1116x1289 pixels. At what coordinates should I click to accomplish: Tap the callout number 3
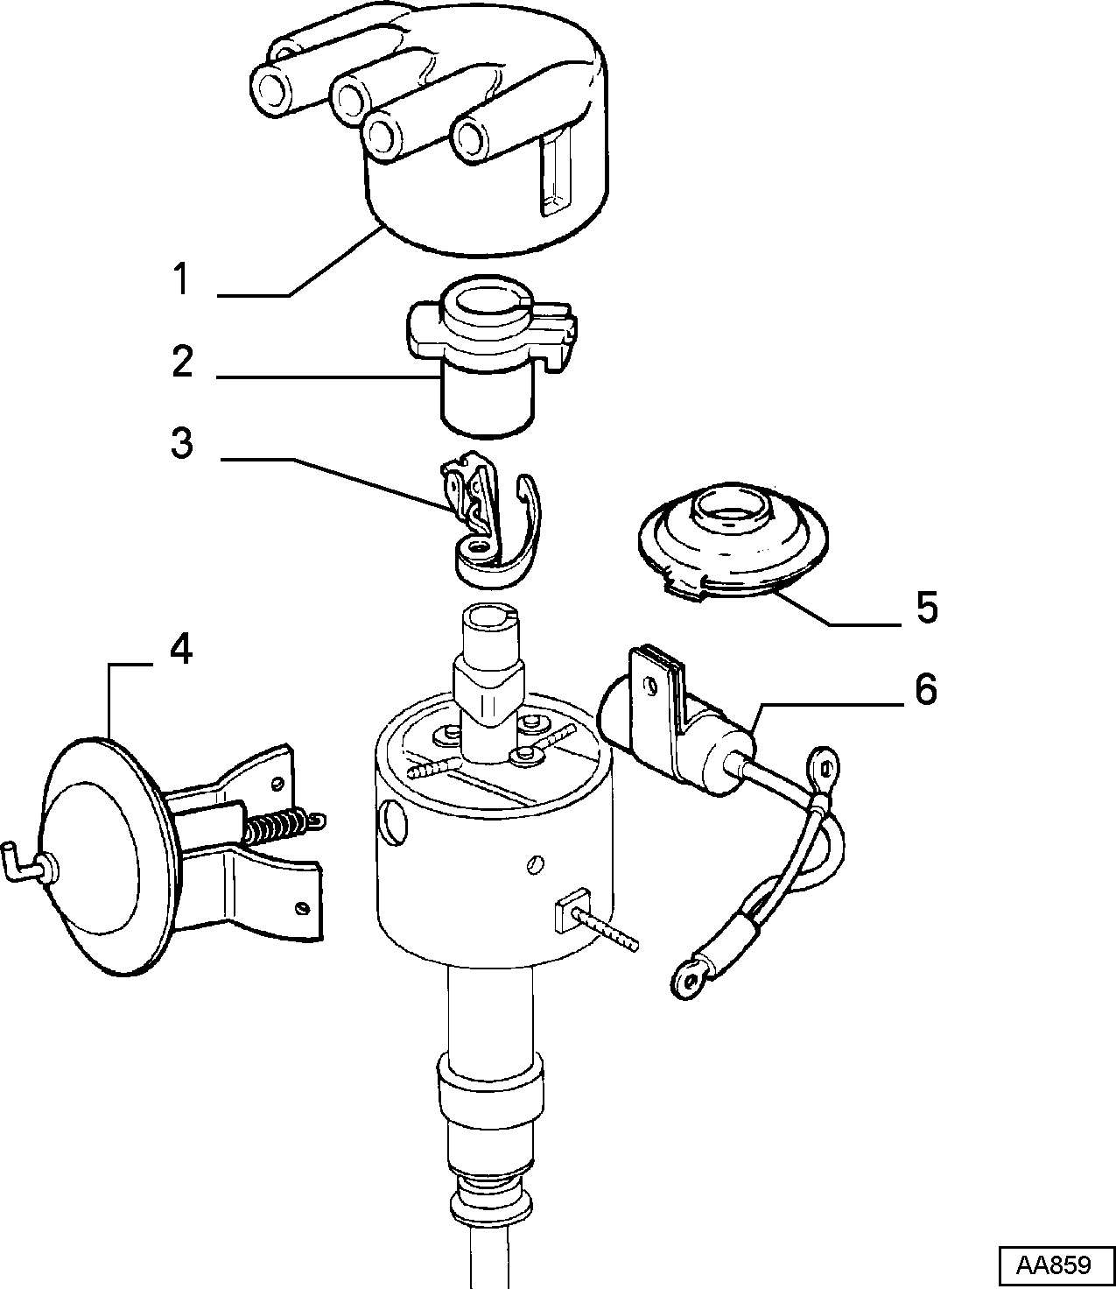point(182,443)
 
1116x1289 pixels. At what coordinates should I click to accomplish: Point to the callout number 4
point(181,650)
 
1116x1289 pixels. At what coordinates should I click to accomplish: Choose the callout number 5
point(927,607)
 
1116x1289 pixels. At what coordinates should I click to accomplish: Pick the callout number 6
point(926,690)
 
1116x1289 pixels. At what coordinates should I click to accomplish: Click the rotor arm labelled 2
point(489,352)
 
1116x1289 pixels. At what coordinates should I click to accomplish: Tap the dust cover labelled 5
point(733,541)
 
